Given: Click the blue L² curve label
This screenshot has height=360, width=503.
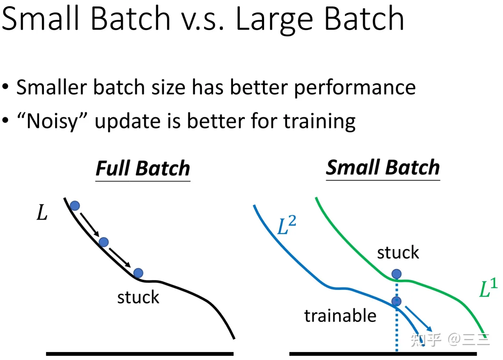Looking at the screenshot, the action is point(287,225).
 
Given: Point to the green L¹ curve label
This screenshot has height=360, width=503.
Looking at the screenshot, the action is point(489,287).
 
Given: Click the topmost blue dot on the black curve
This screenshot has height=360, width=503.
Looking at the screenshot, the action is point(75,206).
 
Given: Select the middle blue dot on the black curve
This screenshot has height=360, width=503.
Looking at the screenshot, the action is point(104,242).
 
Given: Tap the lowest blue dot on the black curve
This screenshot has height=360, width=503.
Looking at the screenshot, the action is point(138,273).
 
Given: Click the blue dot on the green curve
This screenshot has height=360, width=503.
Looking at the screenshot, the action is point(396,274).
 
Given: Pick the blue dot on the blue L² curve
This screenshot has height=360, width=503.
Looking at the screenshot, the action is point(396,301).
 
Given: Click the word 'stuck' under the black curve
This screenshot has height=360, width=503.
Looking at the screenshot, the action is point(138,297).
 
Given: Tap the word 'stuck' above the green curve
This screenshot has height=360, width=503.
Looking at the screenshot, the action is point(398,252).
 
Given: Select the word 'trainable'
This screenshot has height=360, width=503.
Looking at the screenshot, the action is point(341,316).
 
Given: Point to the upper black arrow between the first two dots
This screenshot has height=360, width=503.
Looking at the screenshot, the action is point(89,225).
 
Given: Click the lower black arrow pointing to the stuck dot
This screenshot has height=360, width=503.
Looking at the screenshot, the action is point(120,257).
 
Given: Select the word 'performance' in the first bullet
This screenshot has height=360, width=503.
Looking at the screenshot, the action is point(355,88).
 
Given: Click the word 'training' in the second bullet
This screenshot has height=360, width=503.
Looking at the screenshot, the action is point(320,122).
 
